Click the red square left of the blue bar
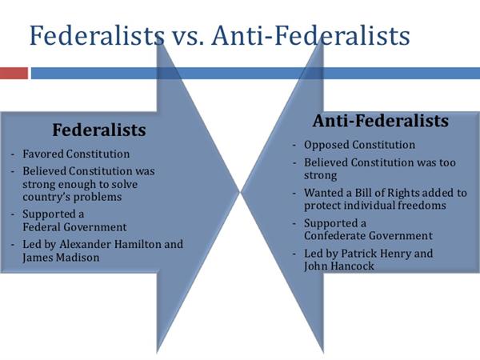click(x=14, y=73)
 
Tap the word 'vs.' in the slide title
click(x=186, y=35)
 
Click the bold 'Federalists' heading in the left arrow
click(x=99, y=130)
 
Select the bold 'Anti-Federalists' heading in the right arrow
click(x=381, y=121)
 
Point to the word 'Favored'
click(x=42, y=154)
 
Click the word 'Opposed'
click(x=326, y=145)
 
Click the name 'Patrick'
click(x=358, y=253)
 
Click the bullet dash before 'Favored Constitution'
click(x=13, y=154)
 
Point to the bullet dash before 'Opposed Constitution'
click(x=294, y=145)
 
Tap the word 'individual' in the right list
click(x=370, y=205)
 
